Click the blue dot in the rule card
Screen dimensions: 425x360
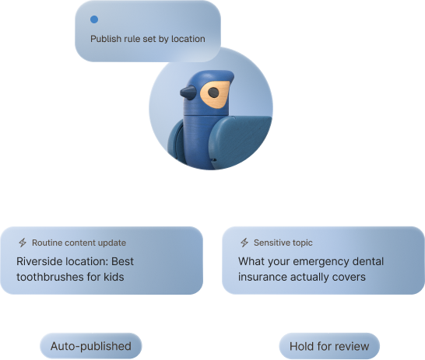94,19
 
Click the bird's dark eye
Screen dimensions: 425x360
213,93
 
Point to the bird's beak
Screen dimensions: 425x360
188,92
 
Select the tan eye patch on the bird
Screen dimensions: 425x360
215,94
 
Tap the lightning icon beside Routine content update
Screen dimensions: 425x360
23,243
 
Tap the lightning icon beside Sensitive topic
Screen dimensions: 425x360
244,243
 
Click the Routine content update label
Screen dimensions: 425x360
79,243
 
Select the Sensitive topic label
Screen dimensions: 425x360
283,243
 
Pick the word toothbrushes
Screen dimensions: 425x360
50,277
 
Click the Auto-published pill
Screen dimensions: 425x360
91,346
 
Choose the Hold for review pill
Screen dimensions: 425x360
329,346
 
